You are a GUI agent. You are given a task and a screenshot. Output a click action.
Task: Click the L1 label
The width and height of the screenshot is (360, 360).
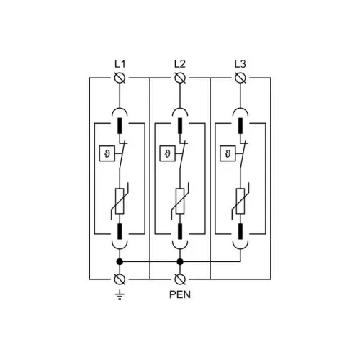[120, 64]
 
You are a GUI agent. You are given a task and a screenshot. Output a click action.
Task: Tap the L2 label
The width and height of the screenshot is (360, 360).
[180, 64]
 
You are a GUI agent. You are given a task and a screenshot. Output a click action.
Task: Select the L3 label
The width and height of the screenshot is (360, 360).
[240, 64]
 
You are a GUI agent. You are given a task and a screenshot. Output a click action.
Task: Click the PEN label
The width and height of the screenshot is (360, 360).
[180, 294]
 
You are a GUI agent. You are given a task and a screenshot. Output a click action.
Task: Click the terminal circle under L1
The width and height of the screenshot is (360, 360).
[120, 78]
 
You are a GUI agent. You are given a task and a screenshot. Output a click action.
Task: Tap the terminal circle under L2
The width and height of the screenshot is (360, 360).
[180, 78]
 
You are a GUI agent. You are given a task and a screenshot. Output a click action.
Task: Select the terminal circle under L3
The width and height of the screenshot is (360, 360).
[240, 78]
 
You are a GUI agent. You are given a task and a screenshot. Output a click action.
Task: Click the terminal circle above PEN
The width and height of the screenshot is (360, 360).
[180, 279]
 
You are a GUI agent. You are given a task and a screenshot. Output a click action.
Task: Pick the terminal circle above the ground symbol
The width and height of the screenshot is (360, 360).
[120, 279]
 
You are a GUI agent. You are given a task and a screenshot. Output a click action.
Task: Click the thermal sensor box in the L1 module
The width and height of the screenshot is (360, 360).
[107, 153]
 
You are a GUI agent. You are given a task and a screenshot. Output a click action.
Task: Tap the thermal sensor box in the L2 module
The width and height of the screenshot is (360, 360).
[167, 153]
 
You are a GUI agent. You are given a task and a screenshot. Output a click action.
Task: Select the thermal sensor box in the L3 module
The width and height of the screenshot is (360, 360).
[228, 153]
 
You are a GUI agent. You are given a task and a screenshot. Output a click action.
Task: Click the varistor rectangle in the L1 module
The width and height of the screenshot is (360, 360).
[120, 201]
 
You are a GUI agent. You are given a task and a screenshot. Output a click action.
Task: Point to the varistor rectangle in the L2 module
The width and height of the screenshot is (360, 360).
[180, 201]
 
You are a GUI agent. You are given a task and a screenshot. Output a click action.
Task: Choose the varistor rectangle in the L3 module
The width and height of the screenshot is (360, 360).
[240, 201]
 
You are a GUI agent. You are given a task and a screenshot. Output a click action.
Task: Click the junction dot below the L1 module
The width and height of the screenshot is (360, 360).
[120, 261]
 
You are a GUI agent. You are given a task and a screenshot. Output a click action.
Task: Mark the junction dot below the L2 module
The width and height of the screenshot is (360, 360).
[180, 261]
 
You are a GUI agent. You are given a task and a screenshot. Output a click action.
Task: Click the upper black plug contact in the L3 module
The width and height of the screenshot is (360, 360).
[240, 125]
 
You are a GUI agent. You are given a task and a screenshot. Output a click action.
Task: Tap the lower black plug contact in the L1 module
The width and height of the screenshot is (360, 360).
[120, 231]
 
